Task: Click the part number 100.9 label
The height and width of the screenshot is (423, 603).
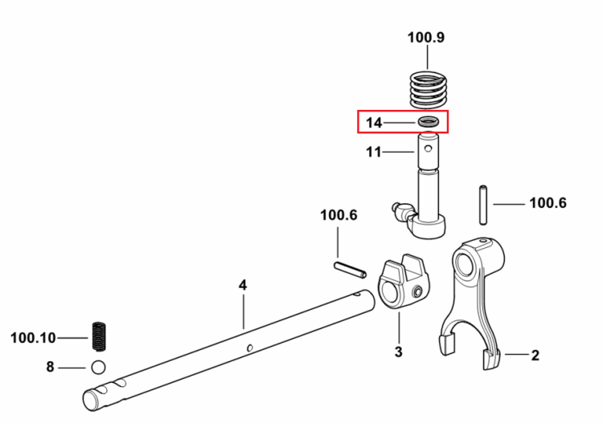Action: click(425, 38)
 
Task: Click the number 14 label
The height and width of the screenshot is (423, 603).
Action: click(374, 123)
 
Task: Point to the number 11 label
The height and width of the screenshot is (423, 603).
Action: click(374, 152)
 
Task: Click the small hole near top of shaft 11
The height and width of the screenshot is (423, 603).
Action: click(429, 148)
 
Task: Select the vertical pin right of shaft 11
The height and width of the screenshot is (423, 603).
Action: click(483, 205)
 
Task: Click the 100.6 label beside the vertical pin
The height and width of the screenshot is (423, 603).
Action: click(548, 203)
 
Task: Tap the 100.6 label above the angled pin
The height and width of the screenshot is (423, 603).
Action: click(338, 215)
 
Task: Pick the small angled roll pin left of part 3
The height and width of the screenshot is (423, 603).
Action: click(350, 270)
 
